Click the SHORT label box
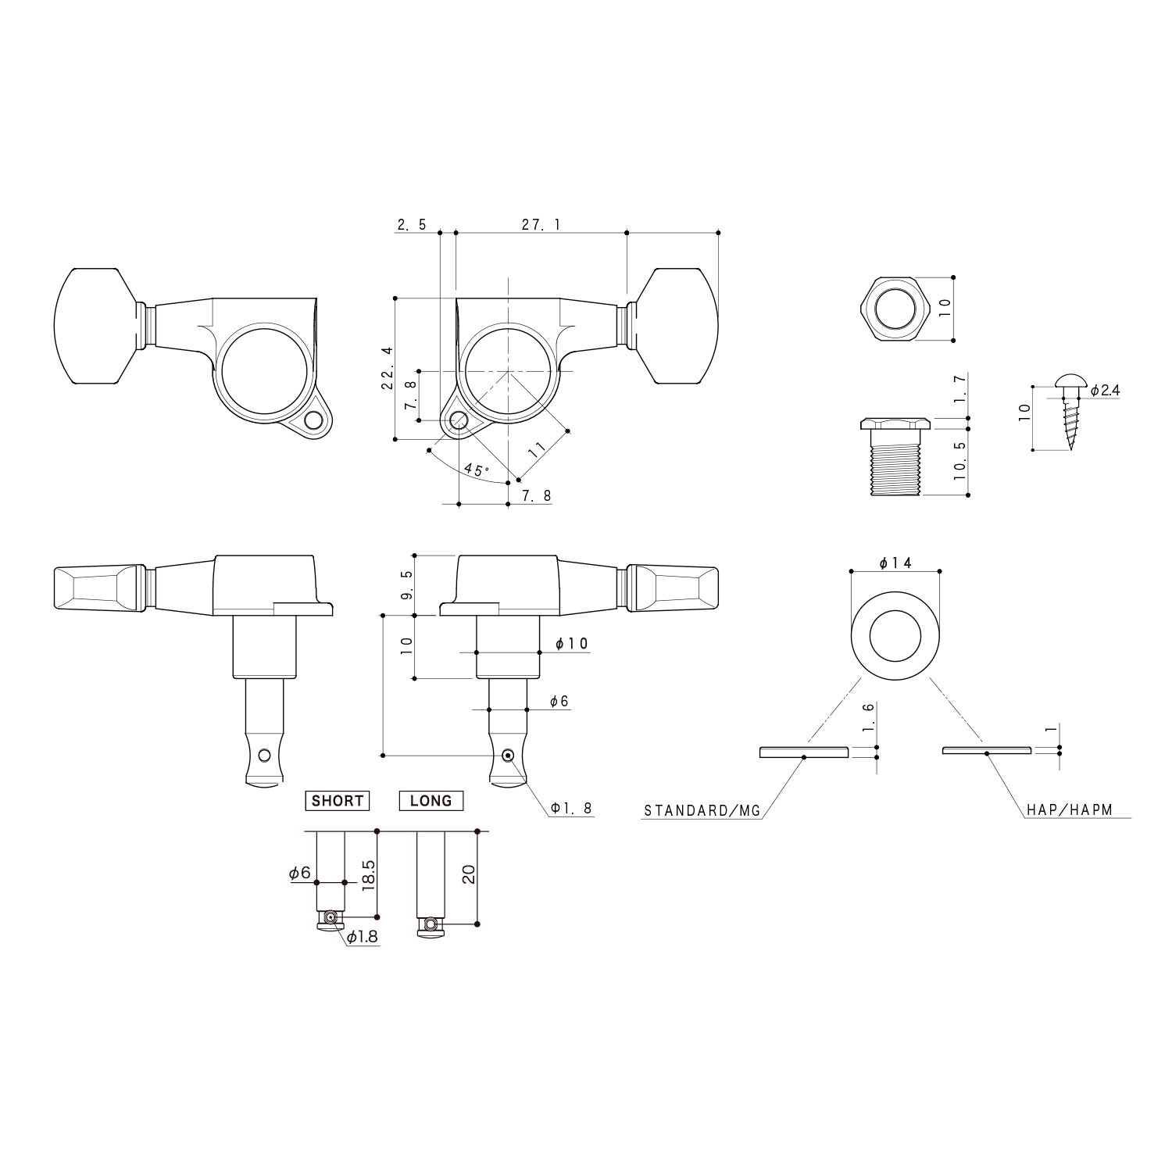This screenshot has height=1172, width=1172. tap(337, 801)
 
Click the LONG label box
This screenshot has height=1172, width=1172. tap(431, 801)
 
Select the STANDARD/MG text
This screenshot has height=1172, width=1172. tap(702, 811)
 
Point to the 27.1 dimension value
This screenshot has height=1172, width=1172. tap(541, 225)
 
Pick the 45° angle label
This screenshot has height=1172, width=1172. tap(475, 470)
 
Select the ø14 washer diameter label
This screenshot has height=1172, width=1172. tap(895, 563)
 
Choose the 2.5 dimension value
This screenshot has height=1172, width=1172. tap(412, 225)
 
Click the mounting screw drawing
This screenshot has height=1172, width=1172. tap(1067, 413)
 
